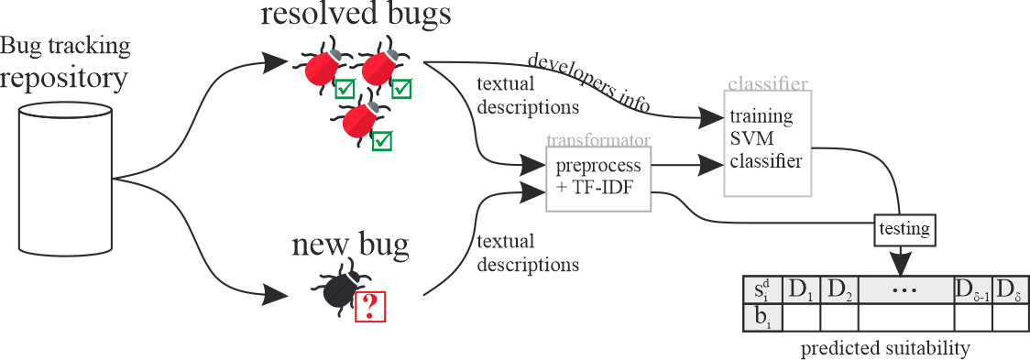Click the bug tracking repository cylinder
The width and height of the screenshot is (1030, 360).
coord(65,179)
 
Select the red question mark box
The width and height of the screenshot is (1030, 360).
coord(369,305)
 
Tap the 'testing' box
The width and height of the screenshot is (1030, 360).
coord(904,227)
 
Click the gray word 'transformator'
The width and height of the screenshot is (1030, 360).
coord(597,140)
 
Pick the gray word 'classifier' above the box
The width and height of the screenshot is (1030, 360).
coord(767,84)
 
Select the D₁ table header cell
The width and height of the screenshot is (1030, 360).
coord(802,291)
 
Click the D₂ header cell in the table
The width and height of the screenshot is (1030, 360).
coord(838,291)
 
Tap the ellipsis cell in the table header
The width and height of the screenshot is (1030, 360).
coord(905,291)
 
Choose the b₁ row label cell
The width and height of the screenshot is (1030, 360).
coord(762,317)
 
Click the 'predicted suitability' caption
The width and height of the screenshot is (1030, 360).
coord(885,349)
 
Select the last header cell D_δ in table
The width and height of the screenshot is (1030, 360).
coord(1011,291)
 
